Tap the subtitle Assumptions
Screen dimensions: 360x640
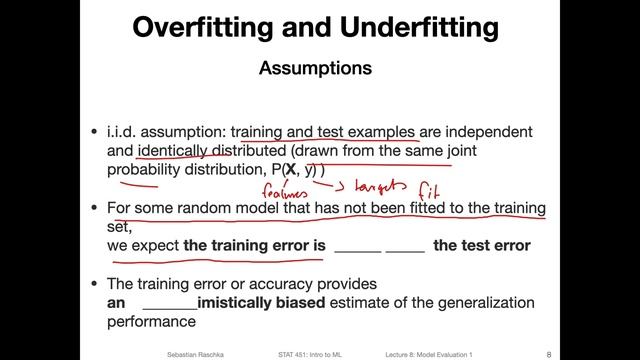point(315,69)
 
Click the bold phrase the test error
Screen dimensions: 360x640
point(481,245)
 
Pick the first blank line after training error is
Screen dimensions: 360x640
point(358,246)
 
